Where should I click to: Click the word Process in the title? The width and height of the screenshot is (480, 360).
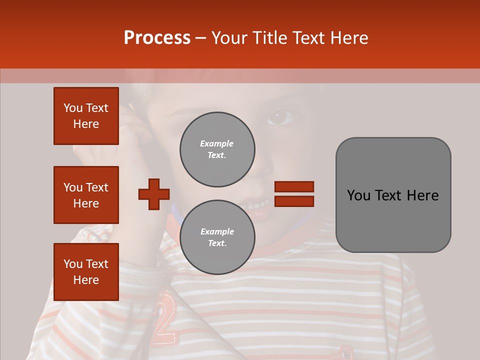tap(157, 38)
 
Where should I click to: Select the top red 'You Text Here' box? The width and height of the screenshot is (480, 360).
tap(86, 116)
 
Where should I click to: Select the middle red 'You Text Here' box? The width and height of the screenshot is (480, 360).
tap(86, 195)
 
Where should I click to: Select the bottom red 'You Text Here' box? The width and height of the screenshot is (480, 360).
tap(86, 272)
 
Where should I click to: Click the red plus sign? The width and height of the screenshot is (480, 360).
tap(154, 194)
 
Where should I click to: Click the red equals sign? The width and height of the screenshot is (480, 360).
tap(294, 194)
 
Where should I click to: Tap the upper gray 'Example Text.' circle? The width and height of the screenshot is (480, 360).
tap(217, 149)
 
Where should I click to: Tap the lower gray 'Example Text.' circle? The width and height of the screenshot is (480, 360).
tap(217, 237)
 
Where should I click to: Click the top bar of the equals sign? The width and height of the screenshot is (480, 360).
tap(294, 187)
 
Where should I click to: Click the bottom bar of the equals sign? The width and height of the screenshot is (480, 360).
tap(294, 201)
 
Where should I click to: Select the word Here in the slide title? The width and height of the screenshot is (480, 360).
tap(348, 38)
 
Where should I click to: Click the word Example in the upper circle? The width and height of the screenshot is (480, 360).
tap(217, 143)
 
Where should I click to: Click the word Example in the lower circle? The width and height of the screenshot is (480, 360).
tap(217, 231)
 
